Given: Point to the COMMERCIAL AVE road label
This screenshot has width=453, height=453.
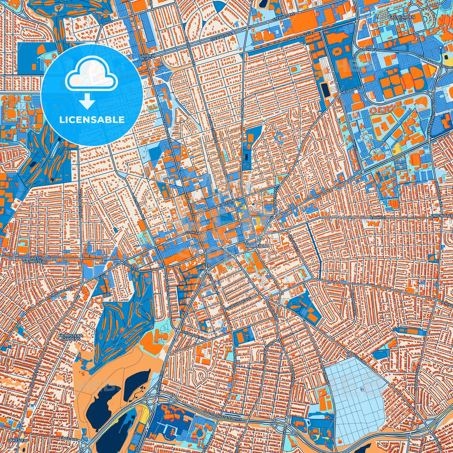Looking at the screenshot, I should point(299,39).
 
